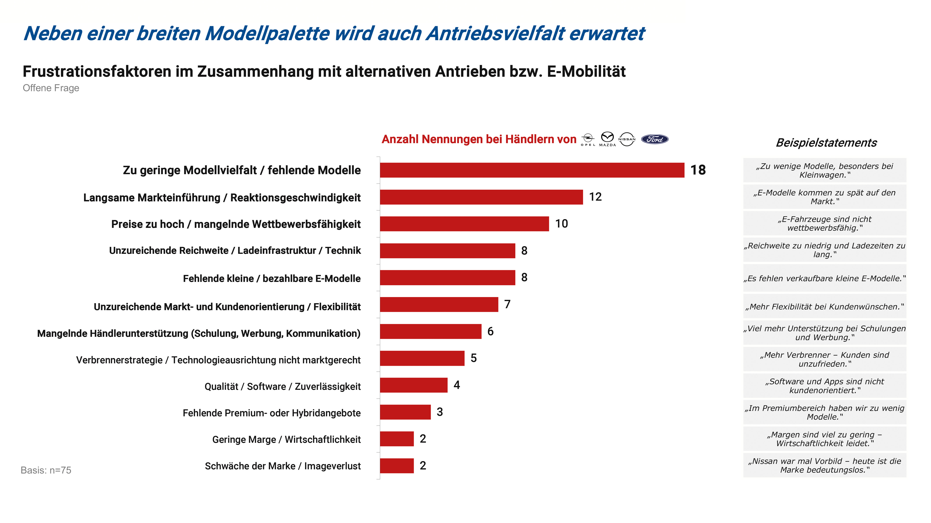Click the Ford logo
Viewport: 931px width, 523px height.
(x=654, y=139)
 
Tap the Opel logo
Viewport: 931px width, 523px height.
(x=588, y=139)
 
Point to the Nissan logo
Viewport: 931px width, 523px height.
(x=627, y=139)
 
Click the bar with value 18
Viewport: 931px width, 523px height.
(x=532, y=170)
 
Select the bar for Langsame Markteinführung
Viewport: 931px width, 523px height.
(x=481, y=197)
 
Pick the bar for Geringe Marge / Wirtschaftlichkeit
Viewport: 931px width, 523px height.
(x=397, y=439)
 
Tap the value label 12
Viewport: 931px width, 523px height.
(x=595, y=197)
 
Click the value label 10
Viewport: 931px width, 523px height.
(x=561, y=224)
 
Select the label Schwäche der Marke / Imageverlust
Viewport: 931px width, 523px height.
(x=283, y=466)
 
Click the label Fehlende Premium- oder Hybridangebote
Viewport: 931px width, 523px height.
(x=271, y=413)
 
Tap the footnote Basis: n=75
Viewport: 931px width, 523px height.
(x=46, y=470)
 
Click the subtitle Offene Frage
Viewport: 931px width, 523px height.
(x=51, y=88)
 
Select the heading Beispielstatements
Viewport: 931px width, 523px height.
(x=826, y=143)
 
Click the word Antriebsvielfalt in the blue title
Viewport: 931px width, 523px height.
(x=495, y=34)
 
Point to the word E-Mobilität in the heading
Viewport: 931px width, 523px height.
(x=586, y=71)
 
